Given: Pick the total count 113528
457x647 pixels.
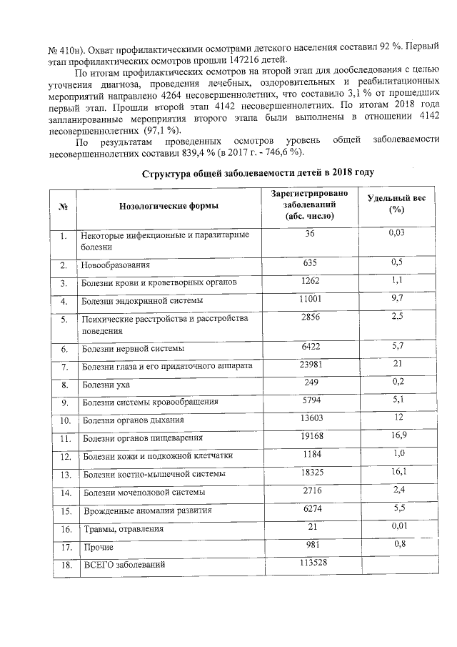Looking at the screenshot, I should coord(310,563).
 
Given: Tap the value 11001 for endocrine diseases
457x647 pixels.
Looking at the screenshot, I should coord(310,299).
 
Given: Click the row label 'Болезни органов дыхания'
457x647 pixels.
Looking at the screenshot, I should coord(133,420).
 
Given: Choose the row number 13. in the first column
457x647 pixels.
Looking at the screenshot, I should coord(64,474).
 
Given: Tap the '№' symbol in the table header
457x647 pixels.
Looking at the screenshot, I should coord(64,206).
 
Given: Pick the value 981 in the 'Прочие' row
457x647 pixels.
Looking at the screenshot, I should coord(310,545).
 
